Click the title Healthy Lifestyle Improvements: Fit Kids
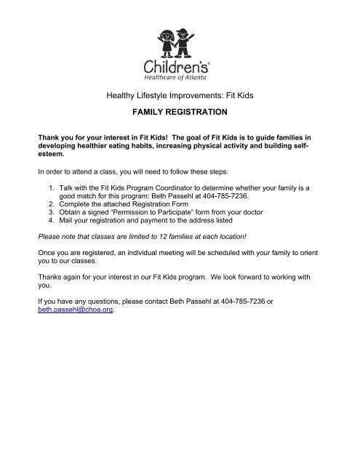pyautogui.click(x=180, y=94)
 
